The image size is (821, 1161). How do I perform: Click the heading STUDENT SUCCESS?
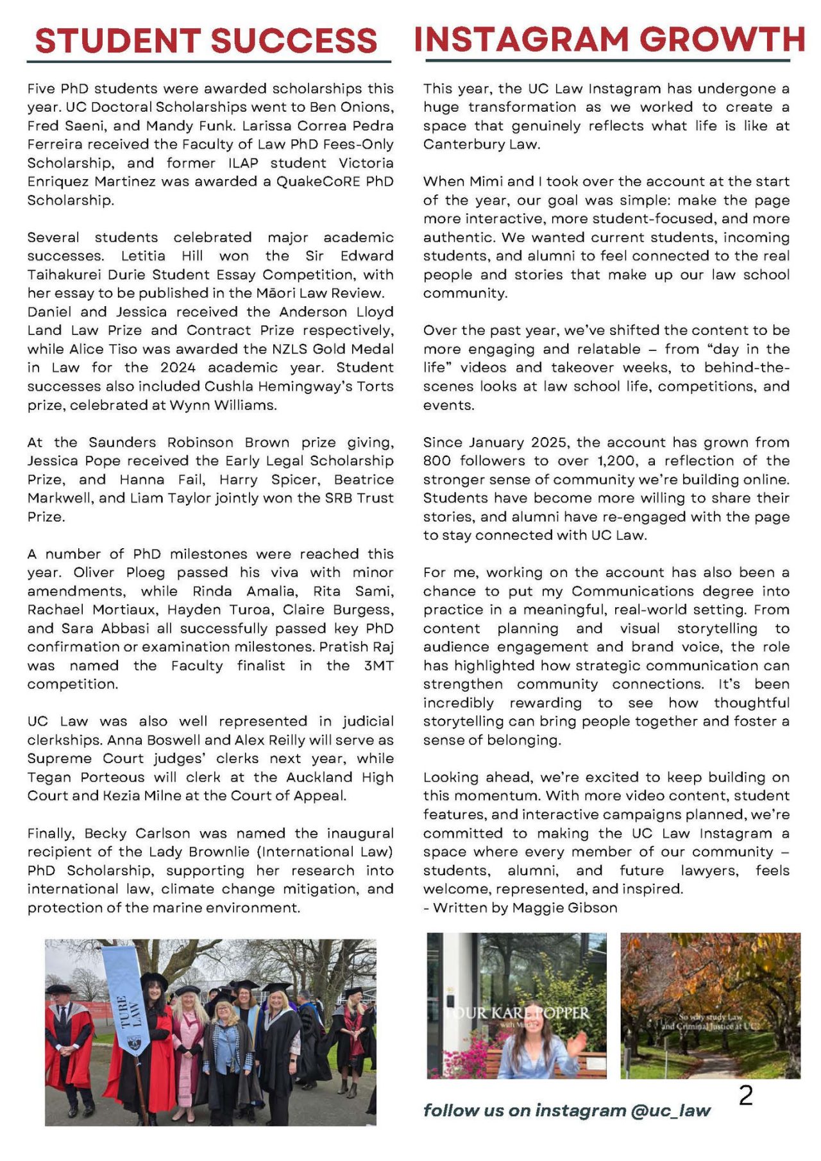pos(206,41)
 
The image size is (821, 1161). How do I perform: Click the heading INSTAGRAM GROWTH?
pos(609,39)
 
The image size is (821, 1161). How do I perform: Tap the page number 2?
pos(745,1096)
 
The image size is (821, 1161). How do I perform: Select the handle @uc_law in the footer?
pos(671,1111)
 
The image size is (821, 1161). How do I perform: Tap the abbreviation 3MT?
pos(378,666)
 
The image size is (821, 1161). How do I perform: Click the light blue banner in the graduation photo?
pos(126,998)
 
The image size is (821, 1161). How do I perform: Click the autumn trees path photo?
pos(710,1005)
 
